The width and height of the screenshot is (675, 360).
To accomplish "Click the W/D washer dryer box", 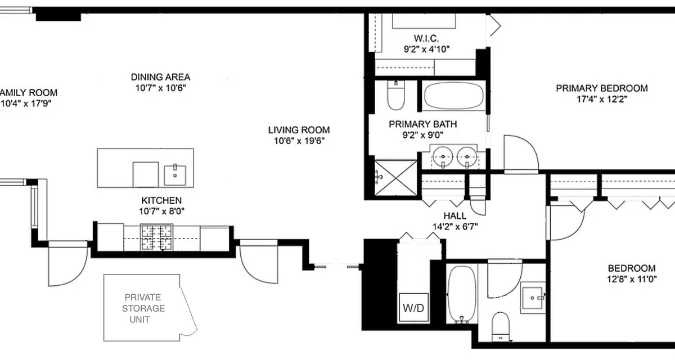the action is click(x=414, y=307).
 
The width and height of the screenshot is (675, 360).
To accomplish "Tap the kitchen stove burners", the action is click(x=157, y=237).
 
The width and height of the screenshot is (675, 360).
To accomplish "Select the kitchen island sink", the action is click(x=175, y=175).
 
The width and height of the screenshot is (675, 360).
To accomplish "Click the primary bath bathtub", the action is click(x=454, y=96).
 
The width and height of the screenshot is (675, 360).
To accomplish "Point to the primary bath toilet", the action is click(x=396, y=95).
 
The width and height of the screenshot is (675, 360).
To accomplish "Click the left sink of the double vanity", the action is click(x=443, y=157).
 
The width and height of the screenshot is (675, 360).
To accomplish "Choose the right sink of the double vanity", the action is click(x=467, y=157).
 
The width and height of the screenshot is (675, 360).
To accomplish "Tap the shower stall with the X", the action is click(x=395, y=178).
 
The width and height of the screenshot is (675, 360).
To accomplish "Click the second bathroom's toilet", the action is click(x=501, y=327).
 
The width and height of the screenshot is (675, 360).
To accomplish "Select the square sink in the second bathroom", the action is click(x=533, y=298).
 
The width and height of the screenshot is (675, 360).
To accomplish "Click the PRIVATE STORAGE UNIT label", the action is click(x=143, y=308).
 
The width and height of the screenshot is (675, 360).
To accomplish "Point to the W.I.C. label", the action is click(x=426, y=38).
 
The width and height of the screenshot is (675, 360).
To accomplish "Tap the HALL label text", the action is click(x=454, y=215).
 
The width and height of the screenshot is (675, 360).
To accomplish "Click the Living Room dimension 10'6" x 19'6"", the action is click(x=299, y=141).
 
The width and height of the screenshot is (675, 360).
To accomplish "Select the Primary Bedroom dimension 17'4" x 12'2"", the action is click(x=602, y=99).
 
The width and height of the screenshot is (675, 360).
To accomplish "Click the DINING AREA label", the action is click(x=161, y=77).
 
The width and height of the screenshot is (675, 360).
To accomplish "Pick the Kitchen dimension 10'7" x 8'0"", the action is click(x=161, y=211).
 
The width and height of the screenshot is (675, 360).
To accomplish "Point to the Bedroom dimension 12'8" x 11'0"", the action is click(x=632, y=279).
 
